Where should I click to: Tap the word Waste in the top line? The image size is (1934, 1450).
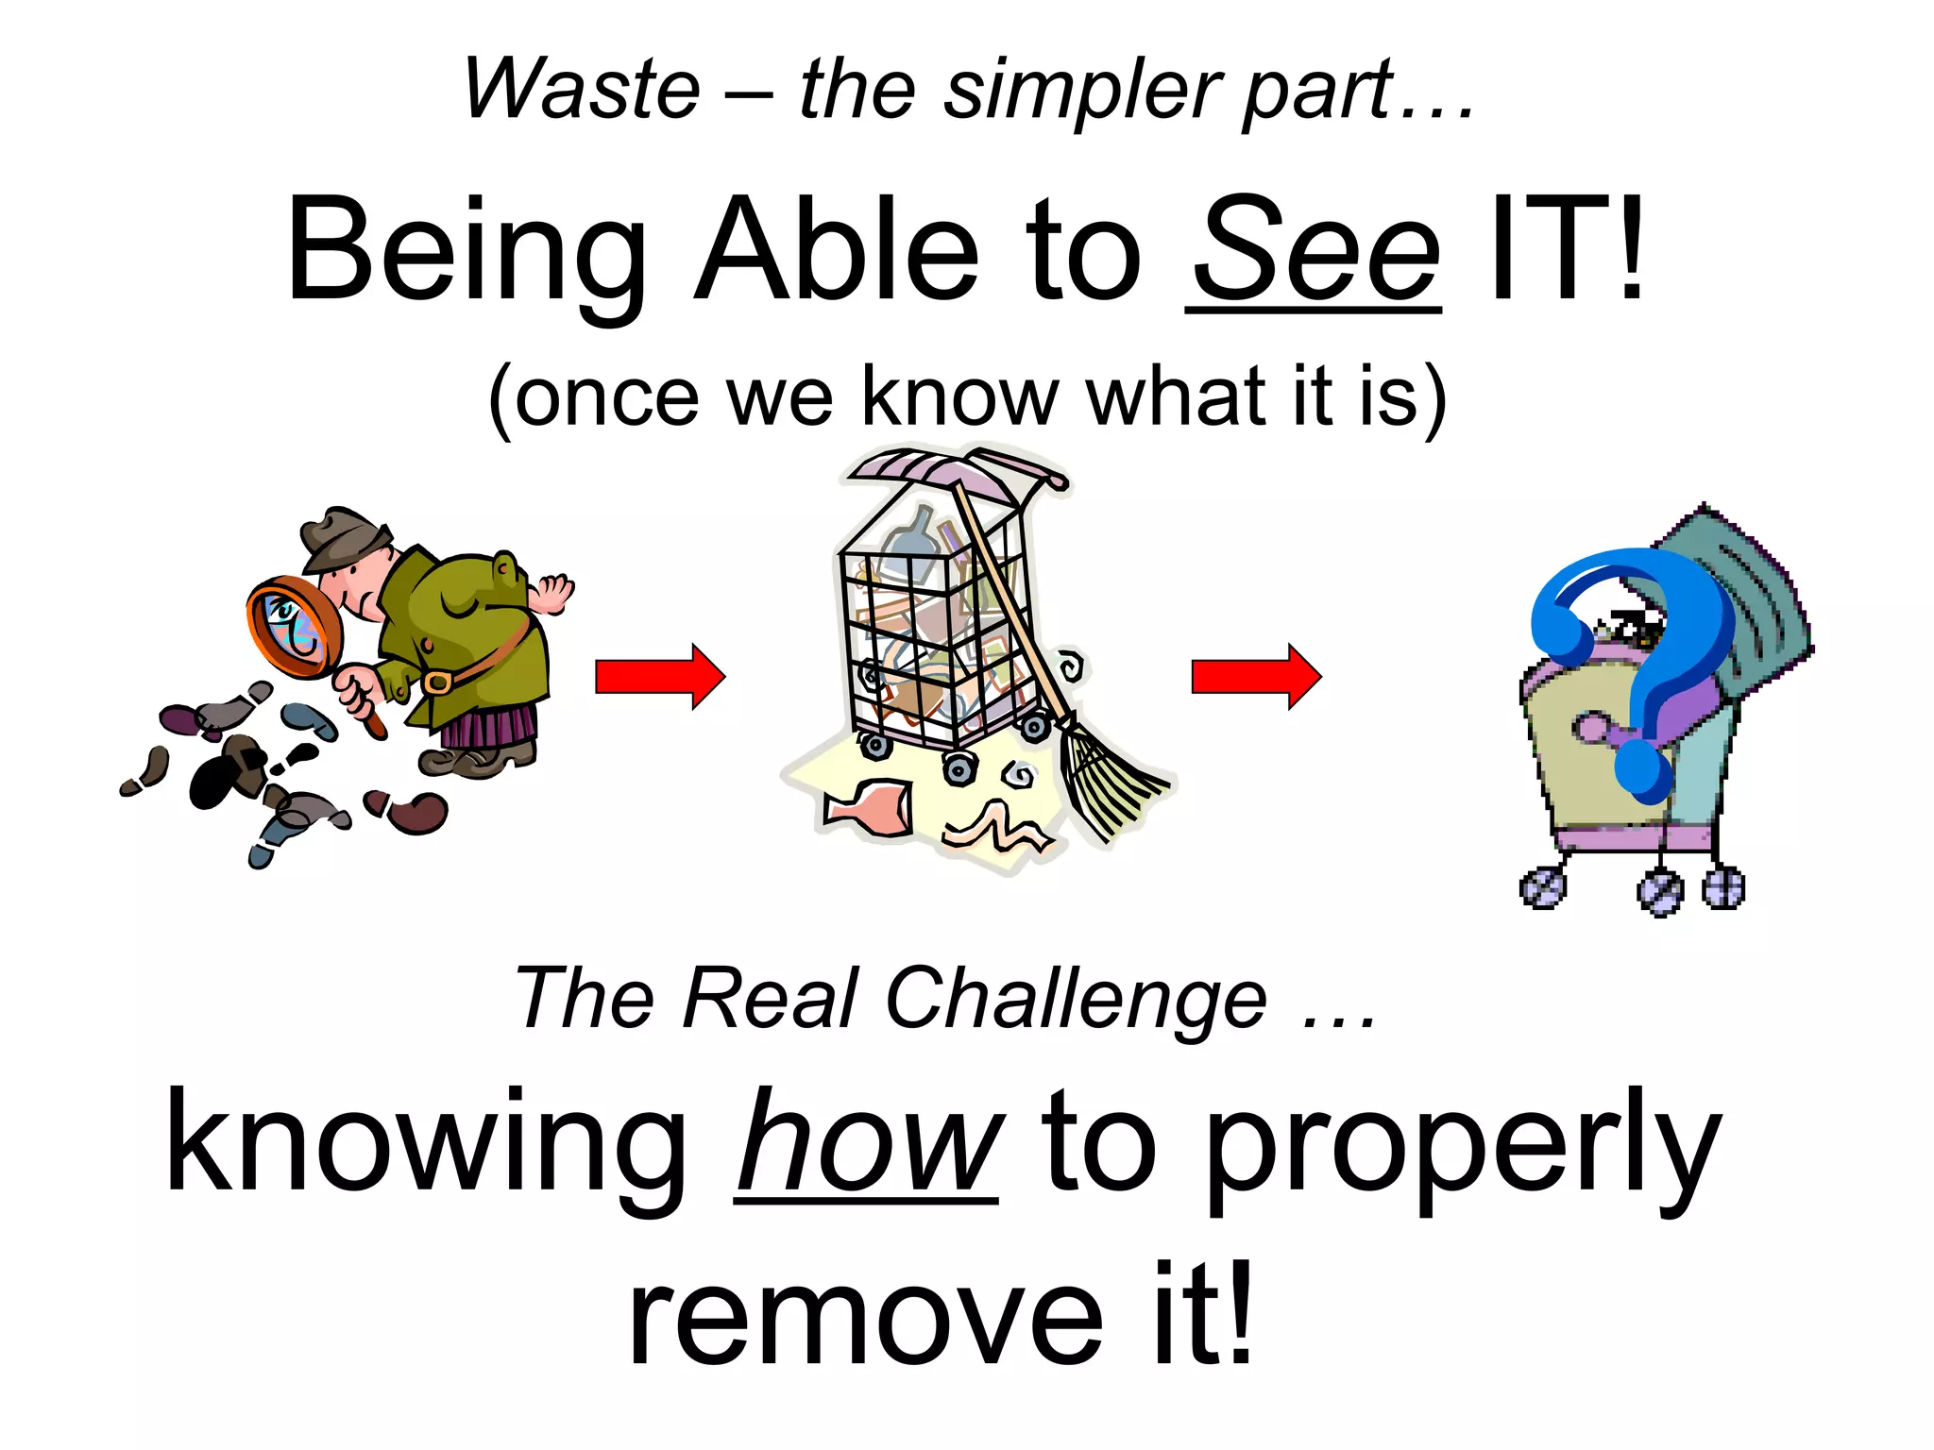click(x=582, y=89)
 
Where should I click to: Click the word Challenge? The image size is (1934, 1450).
click(x=1076, y=999)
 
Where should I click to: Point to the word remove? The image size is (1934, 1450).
click(x=865, y=1316)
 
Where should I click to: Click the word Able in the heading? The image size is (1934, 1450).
click(x=836, y=250)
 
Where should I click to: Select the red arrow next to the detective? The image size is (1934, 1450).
click(x=659, y=677)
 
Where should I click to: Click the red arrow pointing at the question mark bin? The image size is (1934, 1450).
click(x=1255, y=677)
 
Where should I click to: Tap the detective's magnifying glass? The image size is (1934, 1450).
click(x=294, y=627)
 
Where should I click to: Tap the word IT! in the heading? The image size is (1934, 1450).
click(x=1566, y=250)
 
